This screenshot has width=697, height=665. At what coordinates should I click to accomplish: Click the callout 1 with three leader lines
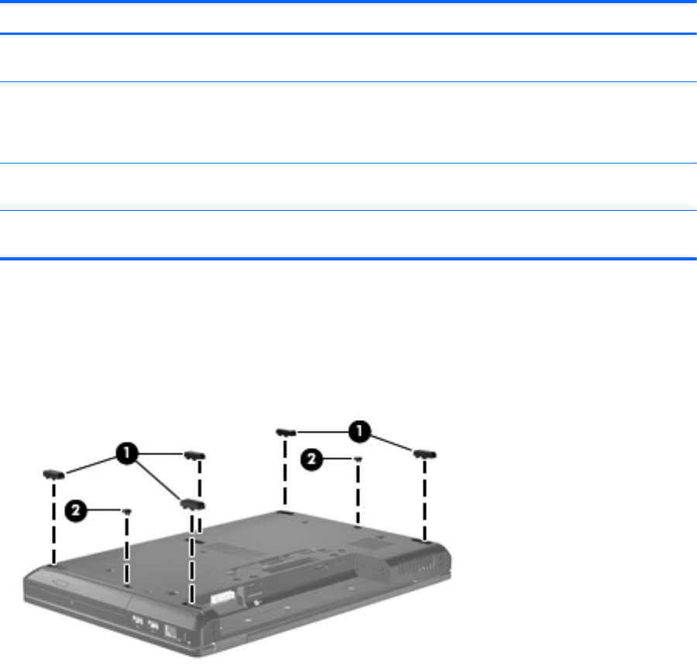pyautogui.click(x=127, y=453)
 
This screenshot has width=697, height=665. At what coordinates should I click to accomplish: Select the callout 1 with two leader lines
pyautogui.click(x=359, y=432)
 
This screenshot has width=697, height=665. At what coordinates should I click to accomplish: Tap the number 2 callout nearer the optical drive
pyautogui.click(x=76, y=511)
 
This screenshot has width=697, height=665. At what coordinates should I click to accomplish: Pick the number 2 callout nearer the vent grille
pyautogui.click(x=311, y=460)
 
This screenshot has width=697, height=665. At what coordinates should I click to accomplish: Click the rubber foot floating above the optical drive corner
pyautogui.click(x=53, y=474)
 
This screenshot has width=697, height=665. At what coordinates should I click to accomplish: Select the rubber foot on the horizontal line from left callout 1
pyautogui.click(x=194, y=456)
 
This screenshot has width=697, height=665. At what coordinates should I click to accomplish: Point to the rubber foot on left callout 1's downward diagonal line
pyautogui.click(x=192, y=505)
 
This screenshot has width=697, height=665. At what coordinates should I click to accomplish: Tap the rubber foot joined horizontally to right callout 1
pyautogui.click(x=286, y=432)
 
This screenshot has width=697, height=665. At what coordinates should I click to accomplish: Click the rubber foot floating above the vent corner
pyautogui.click(x=425, y=454)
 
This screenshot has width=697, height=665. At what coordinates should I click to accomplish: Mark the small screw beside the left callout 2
pyautogui.click(x=127, y=512)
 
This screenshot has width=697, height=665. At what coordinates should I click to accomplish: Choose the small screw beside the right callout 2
pyautogui.click(x=358, y=459)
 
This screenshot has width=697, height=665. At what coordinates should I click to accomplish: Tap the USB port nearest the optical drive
pyautogui.click(x=138, y=619)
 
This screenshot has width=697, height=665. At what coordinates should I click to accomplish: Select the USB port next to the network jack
pyautogui.click(x=153, y=625)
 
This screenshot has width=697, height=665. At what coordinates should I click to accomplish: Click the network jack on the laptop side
pyautogui.click(x=170, y=631)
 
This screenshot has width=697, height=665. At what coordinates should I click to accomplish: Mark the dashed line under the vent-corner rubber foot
pyautogui.click(x=425, y=501)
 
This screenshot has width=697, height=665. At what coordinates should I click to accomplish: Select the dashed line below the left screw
pyautogui.click(x=127, y=550)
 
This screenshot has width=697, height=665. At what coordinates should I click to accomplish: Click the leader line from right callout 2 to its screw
pyautogui.click(x=338, y=459)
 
